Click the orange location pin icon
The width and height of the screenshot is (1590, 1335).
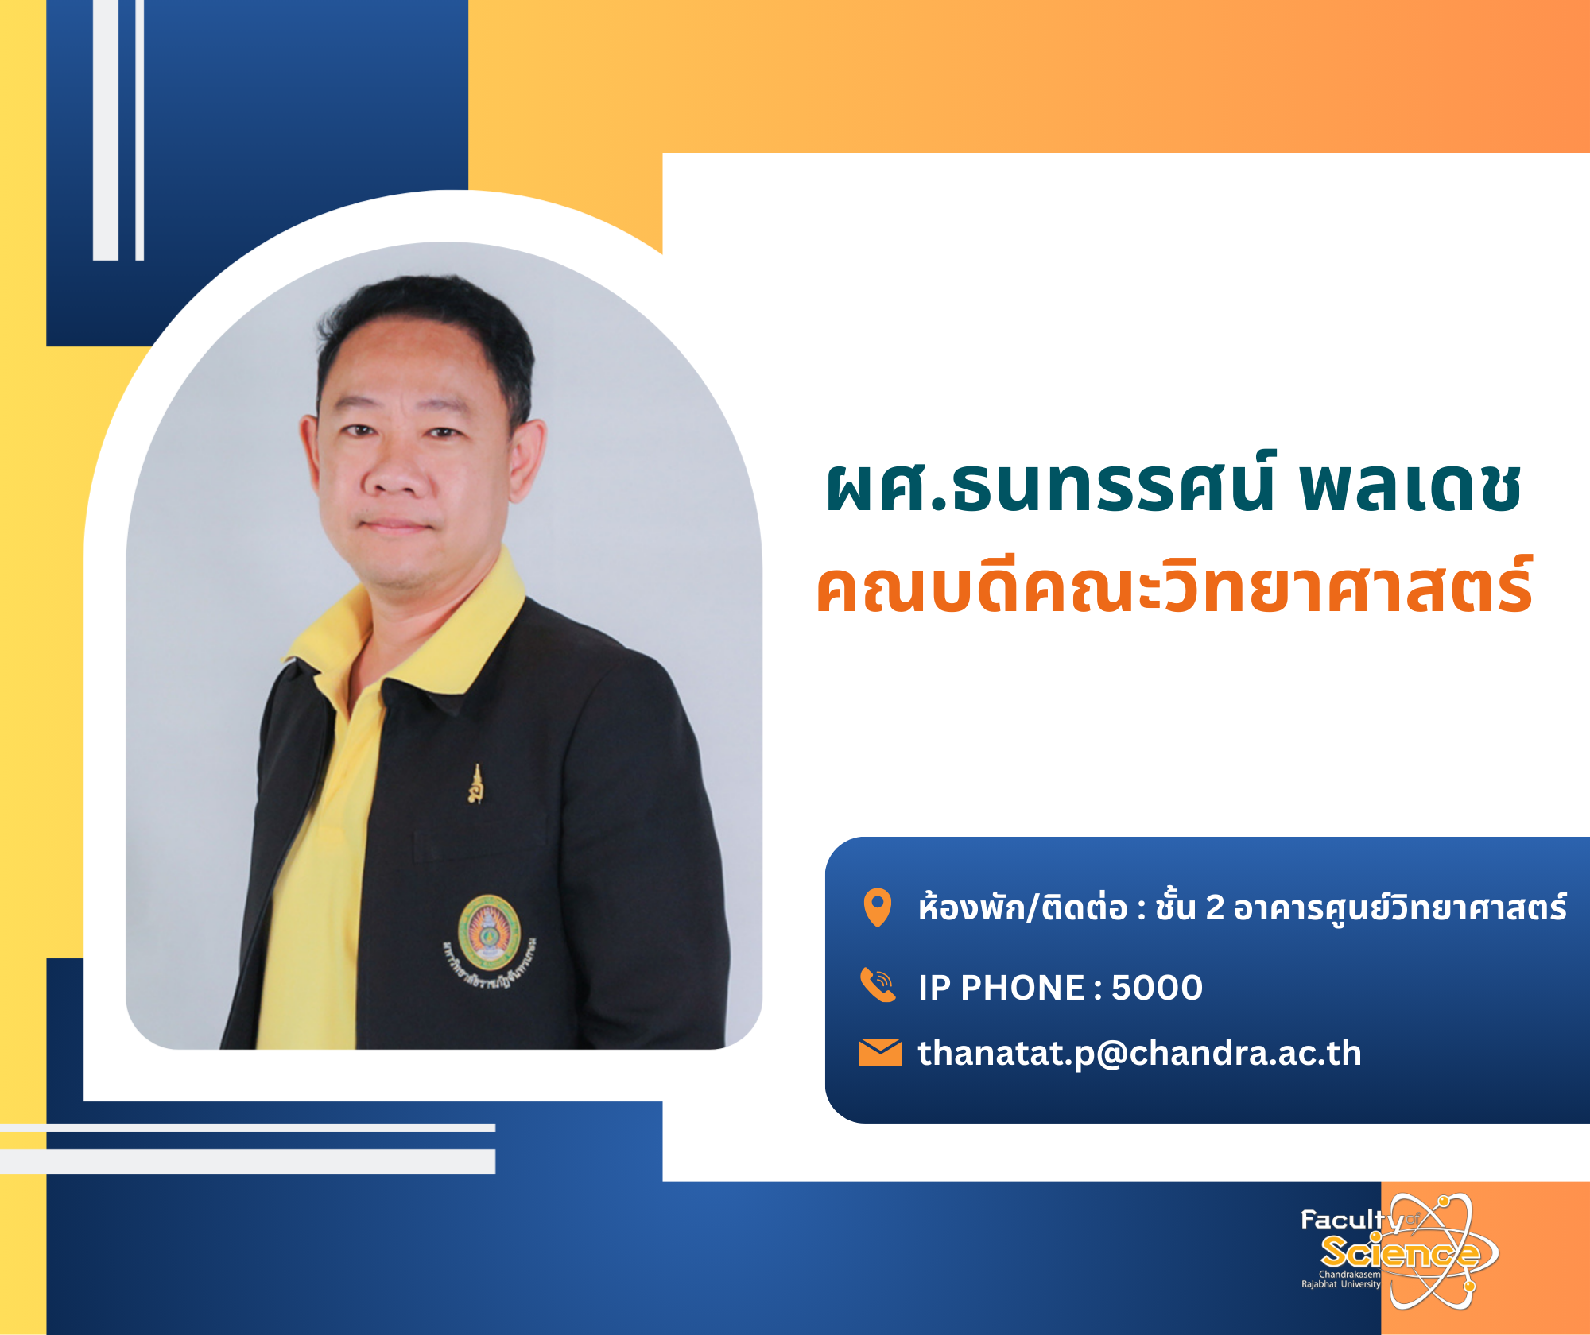click(878, 907)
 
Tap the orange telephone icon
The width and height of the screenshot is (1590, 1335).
click(878, 986)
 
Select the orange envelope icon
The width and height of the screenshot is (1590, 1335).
click(880, 1053)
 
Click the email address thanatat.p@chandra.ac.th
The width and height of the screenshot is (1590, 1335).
click(1139, 1054)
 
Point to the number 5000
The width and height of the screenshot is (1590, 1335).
click(1157, 988)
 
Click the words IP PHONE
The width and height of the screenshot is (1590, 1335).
click(1002, 988)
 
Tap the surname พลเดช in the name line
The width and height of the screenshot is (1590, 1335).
click(1410, 486)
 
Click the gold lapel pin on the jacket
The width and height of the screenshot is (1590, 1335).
click(476, 784)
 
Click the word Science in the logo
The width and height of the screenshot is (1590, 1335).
click(1399, 1253)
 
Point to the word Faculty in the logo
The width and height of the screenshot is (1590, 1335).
click(1351, 1220)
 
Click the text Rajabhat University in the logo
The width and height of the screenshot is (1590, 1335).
click(1340, 1284)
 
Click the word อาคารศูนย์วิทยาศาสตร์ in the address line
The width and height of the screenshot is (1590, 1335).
click(1400, 907)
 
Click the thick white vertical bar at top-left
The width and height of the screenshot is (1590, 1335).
click(106, 130)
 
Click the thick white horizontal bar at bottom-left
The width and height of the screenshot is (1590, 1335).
click(247, 1161)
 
